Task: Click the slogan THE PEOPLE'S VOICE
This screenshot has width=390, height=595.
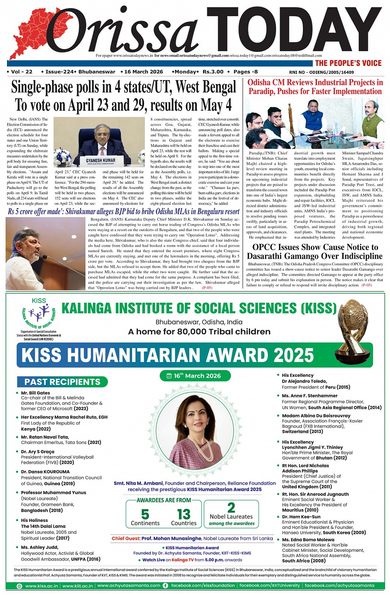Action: pyautogui.click(x=348, y=63)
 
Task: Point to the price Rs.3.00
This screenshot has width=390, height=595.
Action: pyautogui.click(x=213, y=72)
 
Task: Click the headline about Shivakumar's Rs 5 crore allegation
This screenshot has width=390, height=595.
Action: pyautogui.click(x=124, y=212)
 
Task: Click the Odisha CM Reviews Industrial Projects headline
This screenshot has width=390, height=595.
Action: pyautogui.click(x=315, y=87)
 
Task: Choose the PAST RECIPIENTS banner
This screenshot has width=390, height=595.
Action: pyautogui.click(x=62, y=382)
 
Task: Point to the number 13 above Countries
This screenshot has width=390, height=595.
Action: pyautogui.click(x=184, y=514)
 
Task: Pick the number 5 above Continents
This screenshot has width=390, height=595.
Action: pyautogui.click(x=145, y=514)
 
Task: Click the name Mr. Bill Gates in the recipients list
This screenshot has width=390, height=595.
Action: pyautogui.click(x=35, y=393)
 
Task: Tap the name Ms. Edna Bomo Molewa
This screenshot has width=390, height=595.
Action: pyautogui.click(x=308, y=539)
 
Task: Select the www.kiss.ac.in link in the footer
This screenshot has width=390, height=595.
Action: pyautogui.click(x=41, y=586)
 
